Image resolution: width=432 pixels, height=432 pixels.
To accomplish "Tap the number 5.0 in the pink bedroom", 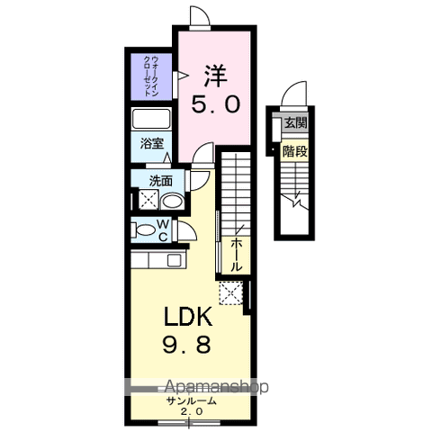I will coord(214,104).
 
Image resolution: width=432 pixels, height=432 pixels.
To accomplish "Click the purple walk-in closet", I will coord(149,78).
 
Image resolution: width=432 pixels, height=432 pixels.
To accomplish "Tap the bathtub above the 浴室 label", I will coord(151,120).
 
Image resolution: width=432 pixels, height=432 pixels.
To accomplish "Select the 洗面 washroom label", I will coord(161,180).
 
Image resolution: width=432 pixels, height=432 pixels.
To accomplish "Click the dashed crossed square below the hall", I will coord(231,292).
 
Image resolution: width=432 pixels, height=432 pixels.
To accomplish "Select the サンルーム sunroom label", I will coord(189,400).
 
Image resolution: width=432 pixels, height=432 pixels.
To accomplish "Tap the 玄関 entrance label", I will coord(296,123).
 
